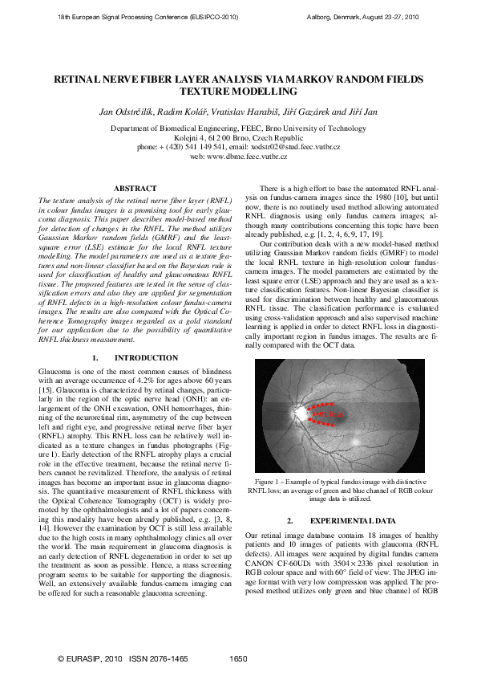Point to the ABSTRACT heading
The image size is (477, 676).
pyautogui.click(x=135, y=188)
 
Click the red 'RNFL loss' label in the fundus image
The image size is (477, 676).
pyautogui.click(x=332, y=414)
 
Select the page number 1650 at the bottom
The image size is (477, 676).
pyautogui.click(x=238, y=659)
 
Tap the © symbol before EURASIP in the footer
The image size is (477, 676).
pyautogui.click(x=62, y=659)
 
